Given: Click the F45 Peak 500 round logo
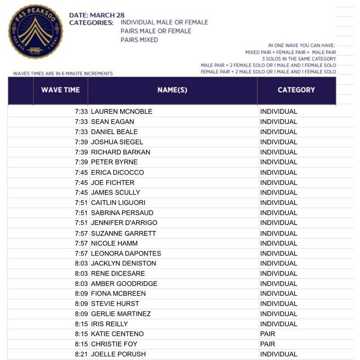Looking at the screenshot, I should click(x=36, y=31).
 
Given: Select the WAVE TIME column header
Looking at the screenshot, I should click(x=60, y=90).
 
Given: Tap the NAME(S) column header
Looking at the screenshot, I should click(x=172, y=90).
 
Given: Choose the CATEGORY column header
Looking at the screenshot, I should click(x=296, y=90).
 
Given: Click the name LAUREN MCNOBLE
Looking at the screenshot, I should click(x=121, y=112).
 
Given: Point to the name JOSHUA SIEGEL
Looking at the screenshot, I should click(x=117, y=142).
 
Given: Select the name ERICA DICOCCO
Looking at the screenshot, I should click(x=117, y=172).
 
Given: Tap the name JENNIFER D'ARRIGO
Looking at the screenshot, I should click(x=124, y=223).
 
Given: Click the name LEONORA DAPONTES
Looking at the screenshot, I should click(x=126, y=253).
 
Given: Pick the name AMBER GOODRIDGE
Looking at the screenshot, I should click(x=124, y=283).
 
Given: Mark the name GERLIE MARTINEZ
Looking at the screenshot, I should click(x=121, y=314).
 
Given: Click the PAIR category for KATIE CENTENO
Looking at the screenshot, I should click(x=268, y=334).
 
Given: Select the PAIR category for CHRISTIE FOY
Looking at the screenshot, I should click(x=268, y=344).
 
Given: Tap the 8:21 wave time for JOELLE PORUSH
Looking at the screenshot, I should click(x=81, y=354).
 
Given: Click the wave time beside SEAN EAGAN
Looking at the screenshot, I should click(x=81, y=121).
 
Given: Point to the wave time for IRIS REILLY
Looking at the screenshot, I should click(x=81, y=324).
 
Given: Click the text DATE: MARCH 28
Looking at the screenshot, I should click(x=97, y=15).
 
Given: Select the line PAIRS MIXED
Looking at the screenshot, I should click(x=139, y=40).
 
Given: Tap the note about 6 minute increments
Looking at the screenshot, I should click(x=63, y=73).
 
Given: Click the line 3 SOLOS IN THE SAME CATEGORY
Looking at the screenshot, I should click(x=299, y=59).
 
